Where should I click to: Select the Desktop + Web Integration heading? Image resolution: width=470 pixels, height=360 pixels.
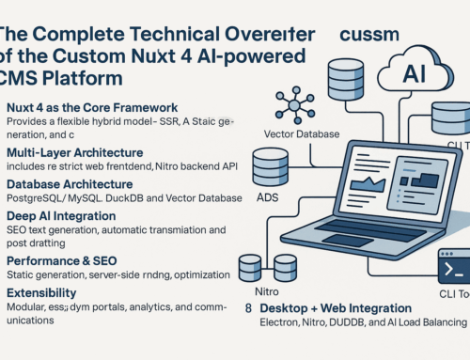click(x=335, y=334)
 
